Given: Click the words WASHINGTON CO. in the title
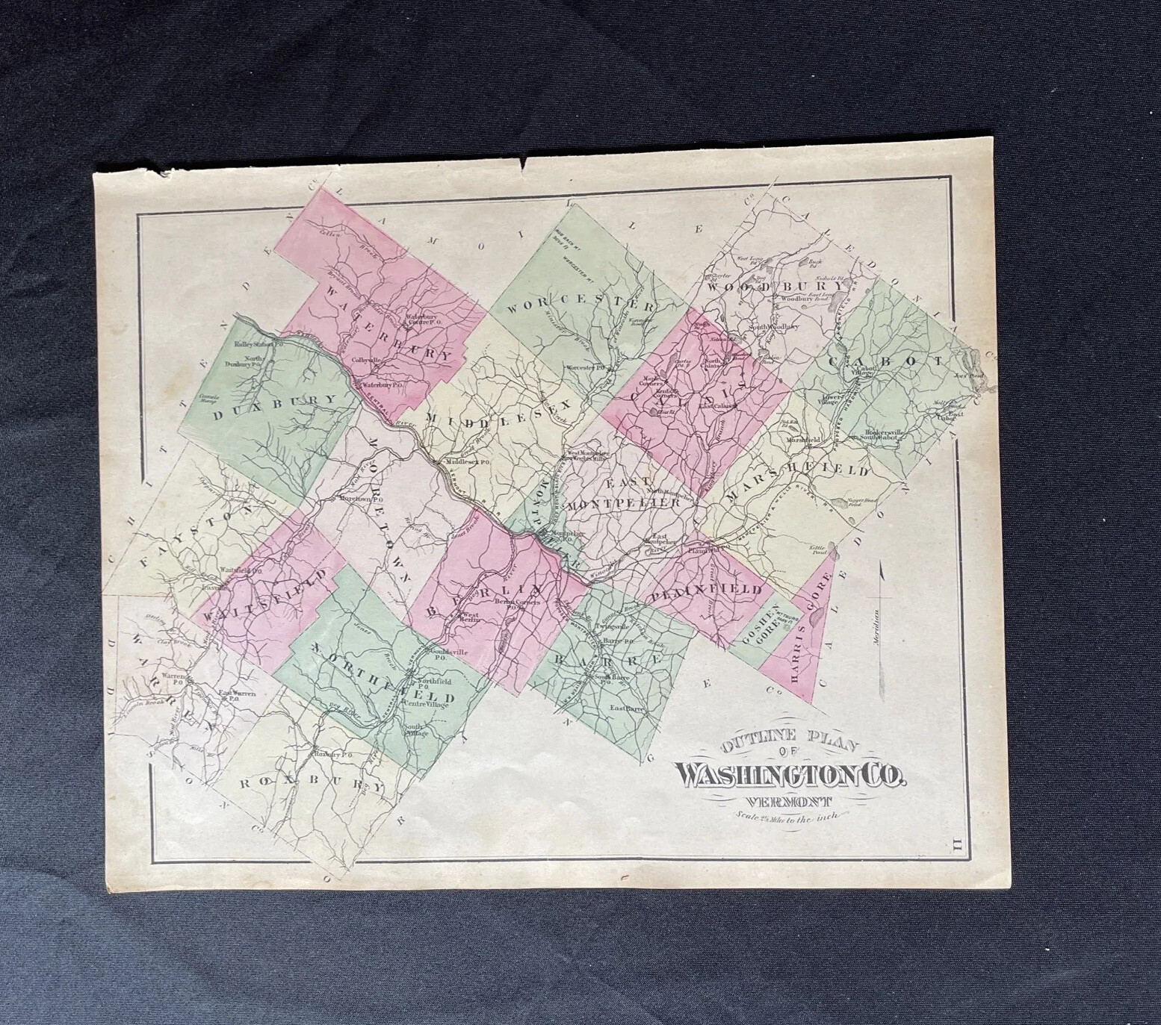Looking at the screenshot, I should tap(790, 776).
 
